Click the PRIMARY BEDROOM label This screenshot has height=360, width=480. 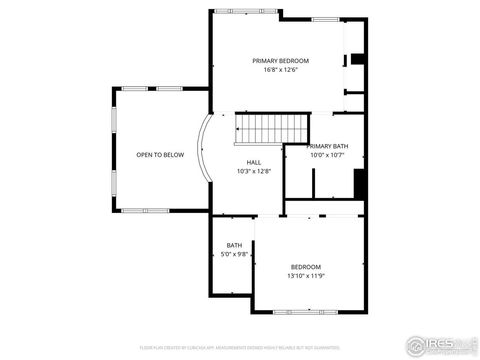pos(280,60)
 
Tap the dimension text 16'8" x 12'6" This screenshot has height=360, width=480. pos(280,70)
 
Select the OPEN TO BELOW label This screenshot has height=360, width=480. pos(159,155)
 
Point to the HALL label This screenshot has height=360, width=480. pos(254,162)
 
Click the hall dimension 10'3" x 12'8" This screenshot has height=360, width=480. pos(254,171)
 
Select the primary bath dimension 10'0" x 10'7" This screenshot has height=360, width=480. pos(327,155)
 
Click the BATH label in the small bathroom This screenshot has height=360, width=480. pos(234,245)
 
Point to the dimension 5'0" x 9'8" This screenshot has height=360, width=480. pos(234,254)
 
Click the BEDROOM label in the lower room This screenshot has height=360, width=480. pos(305,266)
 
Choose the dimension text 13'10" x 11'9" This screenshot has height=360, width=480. pos(305,275)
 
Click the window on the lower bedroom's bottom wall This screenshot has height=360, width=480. pos(305,311)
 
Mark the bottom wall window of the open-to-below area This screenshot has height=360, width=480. pos(137,210)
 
